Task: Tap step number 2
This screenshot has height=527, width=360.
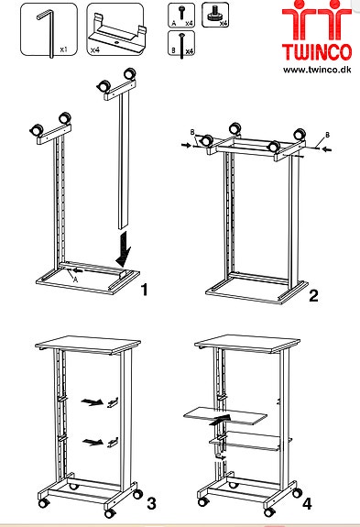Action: click(x=312, y=295)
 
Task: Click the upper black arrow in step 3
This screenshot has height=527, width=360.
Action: click(x=89, y=401)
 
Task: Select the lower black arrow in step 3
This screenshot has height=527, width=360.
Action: click(x=89, y=442)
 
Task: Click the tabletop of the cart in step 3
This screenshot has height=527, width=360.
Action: click(x=86, y=346)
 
